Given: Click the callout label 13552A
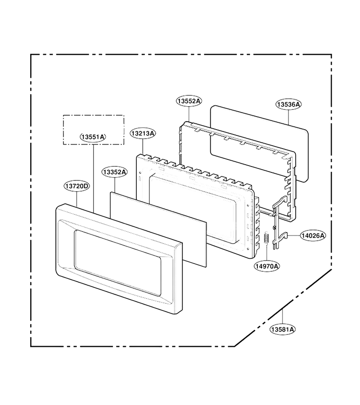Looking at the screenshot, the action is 189,101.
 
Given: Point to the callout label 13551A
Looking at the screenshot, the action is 93,137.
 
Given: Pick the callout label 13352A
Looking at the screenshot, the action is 114,172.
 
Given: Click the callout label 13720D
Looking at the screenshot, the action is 76,186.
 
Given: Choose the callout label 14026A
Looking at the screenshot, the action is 313,235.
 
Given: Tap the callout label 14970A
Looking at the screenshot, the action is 267,266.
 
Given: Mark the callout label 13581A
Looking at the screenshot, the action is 282,329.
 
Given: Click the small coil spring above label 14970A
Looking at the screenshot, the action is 266,238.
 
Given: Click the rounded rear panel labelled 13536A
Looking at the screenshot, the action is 259,144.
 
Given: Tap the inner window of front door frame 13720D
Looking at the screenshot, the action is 117,263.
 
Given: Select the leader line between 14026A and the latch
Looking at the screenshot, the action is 294,235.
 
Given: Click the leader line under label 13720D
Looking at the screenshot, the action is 76,199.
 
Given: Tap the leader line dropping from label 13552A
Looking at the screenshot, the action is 189,114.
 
